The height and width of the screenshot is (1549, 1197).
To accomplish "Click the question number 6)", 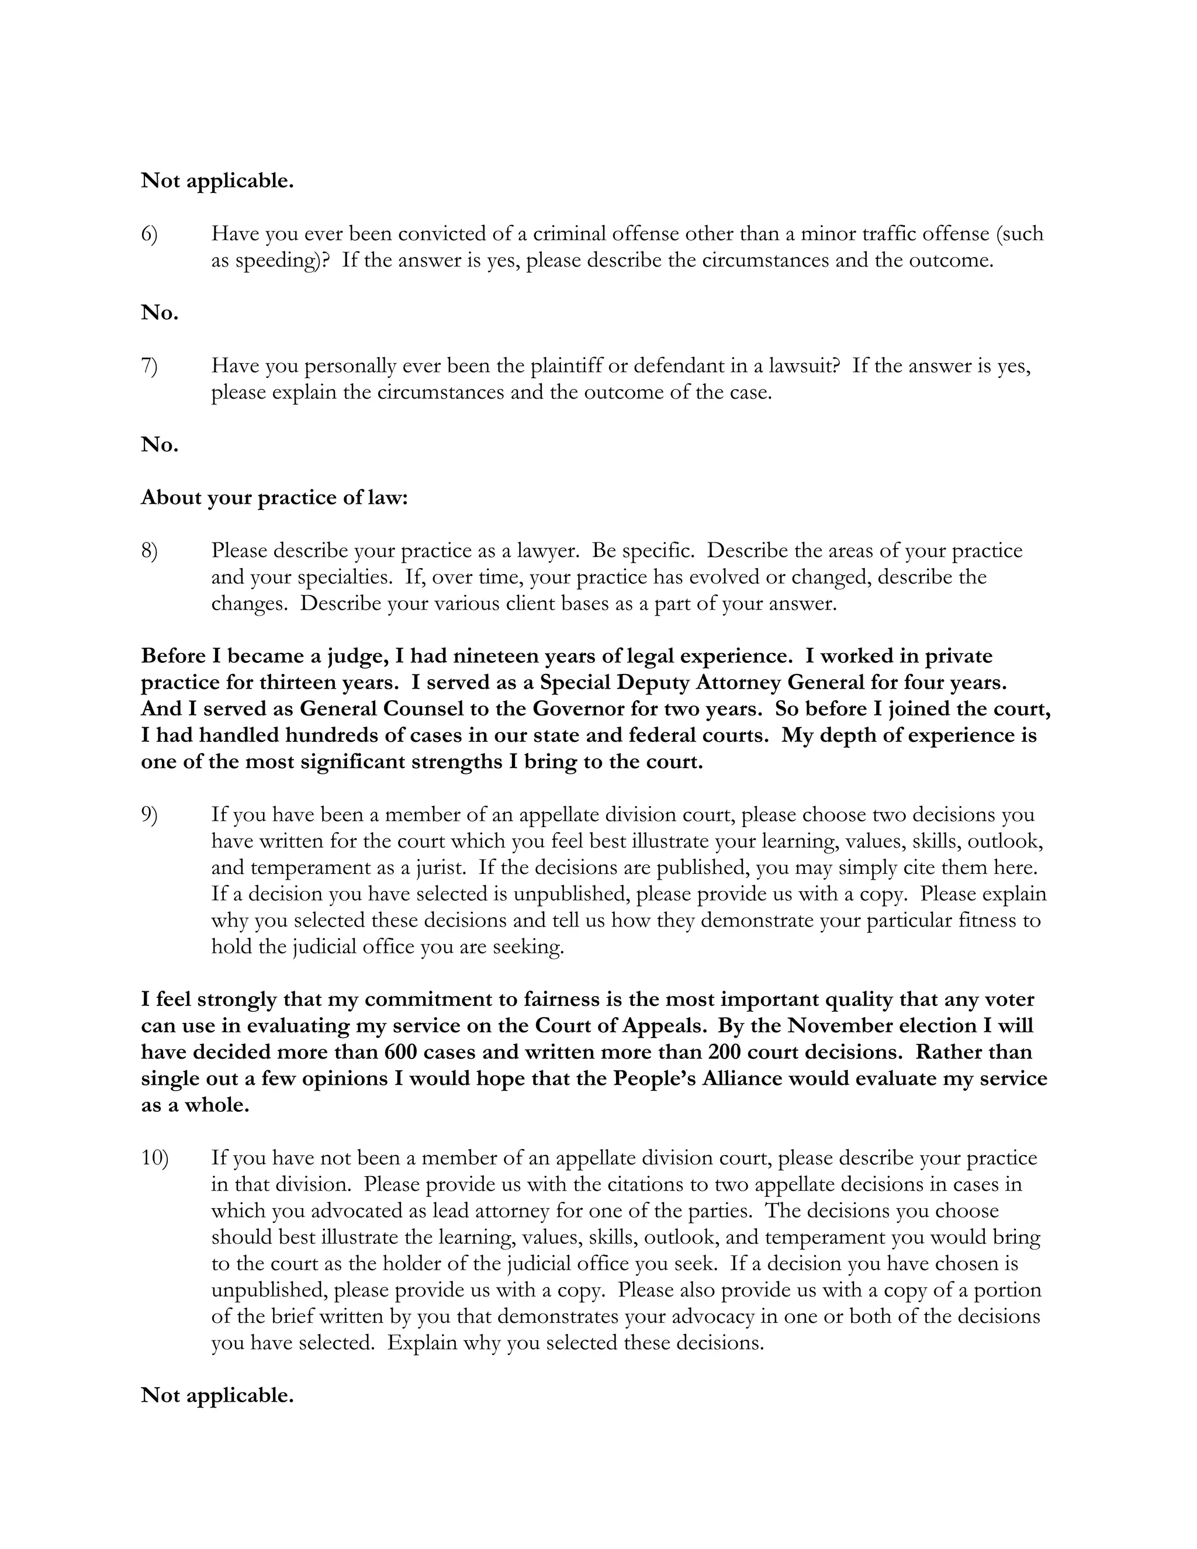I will coord(149,234).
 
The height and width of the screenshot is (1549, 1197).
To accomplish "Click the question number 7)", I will coord(149,366).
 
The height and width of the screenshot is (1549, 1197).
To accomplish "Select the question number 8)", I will coord(149,551).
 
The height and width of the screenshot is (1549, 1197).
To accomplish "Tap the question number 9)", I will coord(149,815).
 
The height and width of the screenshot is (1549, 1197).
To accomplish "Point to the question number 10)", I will coord(154,1158).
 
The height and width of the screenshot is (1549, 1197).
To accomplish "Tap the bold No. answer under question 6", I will coord(160,313).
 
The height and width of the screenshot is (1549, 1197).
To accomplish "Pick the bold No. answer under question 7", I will coord(160,445).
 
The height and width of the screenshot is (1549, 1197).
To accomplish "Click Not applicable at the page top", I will coord(217,181).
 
